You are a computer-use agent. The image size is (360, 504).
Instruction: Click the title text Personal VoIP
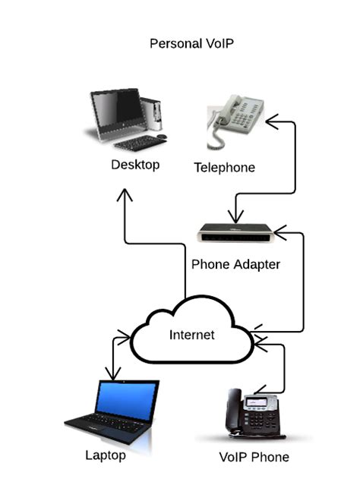[x=191, y=43]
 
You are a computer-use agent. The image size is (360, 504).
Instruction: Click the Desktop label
[x=135, y=164]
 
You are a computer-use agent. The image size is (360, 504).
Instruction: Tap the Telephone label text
[x=224, y=167]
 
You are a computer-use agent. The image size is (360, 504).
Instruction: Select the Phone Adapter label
[x=235, y=264]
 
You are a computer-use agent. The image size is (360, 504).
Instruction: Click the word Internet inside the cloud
[x=191, y=335]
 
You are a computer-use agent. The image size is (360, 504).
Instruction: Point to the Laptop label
[x=106, y=455]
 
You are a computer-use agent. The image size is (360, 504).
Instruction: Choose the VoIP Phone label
[x=254, y=457]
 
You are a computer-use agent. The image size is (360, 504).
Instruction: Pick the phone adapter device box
[x=236, y=232]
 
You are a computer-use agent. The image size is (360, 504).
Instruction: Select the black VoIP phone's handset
[x=234, y=413]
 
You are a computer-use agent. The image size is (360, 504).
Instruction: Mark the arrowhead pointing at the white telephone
[x=268, y=119]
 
